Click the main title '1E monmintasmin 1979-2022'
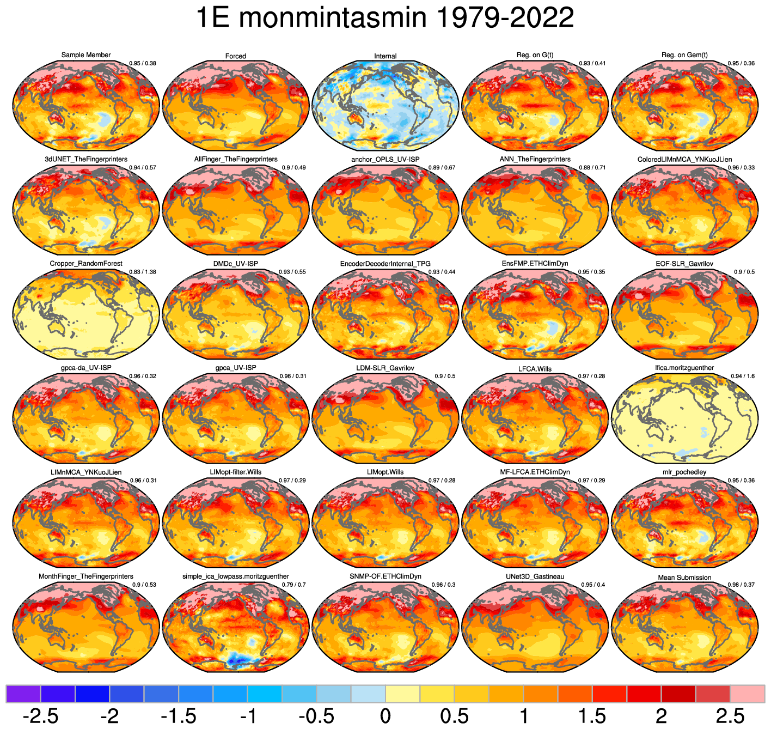point(384,18)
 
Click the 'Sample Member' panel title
point(86,55)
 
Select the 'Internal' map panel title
point(385,56)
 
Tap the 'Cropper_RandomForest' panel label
point(86,264)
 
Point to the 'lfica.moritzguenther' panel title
point(684,368)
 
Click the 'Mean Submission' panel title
point(684,578)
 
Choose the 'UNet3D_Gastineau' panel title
point(535,576)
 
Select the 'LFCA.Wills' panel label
point(535,369)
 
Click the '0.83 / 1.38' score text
point(143,272)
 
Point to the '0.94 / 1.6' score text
point(743,376)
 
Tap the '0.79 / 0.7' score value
point(294,585)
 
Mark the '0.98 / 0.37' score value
point(741,585)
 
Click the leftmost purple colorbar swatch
point(23,694)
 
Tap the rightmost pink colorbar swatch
point(747,694)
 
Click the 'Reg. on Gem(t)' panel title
point(684,55)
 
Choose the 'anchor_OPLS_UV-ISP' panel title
point(385,159)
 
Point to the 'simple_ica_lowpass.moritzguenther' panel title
point(236,576)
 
